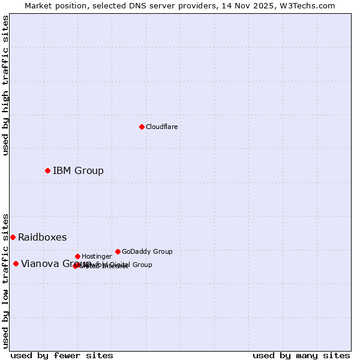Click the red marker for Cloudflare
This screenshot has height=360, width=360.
coord(142,127)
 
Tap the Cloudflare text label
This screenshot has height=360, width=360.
coord(162,127)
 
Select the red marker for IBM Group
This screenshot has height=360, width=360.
coord(47,170)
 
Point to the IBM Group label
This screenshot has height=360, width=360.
coord(78,171)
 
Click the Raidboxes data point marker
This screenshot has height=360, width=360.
coord(13,237)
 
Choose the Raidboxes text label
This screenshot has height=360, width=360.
coord(43,238)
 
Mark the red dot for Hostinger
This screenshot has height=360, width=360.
coord(77,256)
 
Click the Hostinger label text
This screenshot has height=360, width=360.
coord(97,257)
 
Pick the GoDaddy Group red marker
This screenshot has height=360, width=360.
coord(118,251)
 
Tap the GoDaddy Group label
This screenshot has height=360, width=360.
coord(147,252)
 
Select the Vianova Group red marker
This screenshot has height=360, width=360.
coord(16,263)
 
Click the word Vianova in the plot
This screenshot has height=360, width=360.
coord(39,264)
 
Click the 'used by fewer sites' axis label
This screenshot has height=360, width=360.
coord(62,355)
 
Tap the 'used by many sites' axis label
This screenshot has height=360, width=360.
coord(301,355)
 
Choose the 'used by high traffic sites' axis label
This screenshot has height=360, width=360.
coord(6,85)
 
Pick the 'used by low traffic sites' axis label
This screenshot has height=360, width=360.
coord(6,280)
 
